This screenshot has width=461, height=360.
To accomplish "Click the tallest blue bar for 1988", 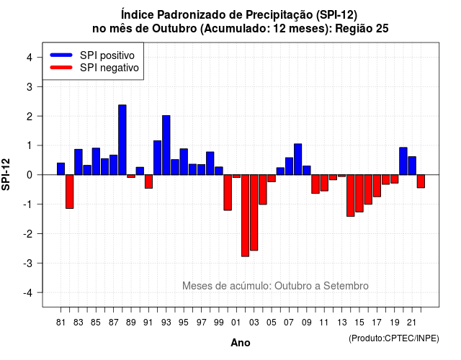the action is tap(122, 140).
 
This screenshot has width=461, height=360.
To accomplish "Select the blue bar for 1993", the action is tap(166, 145).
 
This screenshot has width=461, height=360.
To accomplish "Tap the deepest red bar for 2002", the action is tap(245, 216).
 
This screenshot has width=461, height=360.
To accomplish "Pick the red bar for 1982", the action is tap(70, 192).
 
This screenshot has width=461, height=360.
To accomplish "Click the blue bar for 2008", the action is tap(297, 159).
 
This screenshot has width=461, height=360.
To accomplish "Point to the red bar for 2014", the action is tap(351, 196).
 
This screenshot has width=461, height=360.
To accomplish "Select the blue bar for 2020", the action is tap(403, 161).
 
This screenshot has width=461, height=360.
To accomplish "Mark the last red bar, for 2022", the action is tap(421, 181).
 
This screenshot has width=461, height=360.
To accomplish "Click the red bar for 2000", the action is tap(228, 192).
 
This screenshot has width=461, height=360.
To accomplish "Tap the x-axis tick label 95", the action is tap(184, 323).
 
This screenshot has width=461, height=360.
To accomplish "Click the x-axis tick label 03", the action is tap(254, 323).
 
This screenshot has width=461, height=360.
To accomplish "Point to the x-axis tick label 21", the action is tap(411, 323).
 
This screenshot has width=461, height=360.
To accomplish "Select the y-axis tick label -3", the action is tap(29, 263).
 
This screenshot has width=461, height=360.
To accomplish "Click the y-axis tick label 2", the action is tap(30, 117).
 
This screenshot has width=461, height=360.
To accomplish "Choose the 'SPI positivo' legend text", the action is tap(107, 55).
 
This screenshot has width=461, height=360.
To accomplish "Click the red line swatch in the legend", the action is tap(61, 68).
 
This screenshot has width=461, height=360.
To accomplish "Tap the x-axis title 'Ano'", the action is tap(241, 343).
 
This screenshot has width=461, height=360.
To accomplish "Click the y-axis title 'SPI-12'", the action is tap(6, 174).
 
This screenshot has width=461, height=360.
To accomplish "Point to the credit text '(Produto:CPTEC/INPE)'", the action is tap(394, 338).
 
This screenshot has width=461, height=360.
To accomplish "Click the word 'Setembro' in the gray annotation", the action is tap(346, 286).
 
